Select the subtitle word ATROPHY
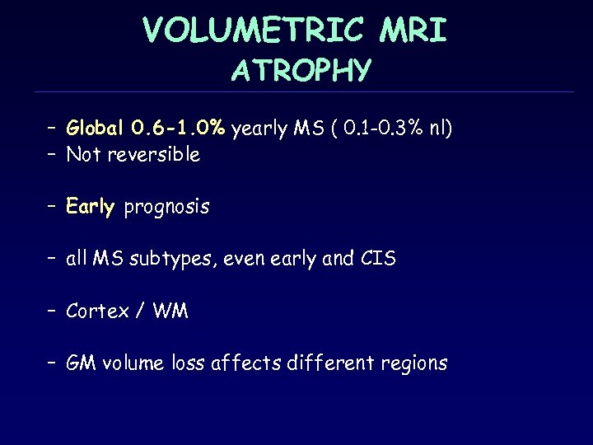301,72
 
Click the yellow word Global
96,129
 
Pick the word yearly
259,129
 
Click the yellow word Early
91,207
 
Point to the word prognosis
167,208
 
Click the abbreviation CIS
378,259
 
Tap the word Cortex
98,311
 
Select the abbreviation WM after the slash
170,311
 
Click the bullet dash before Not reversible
50,154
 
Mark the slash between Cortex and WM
142,311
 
